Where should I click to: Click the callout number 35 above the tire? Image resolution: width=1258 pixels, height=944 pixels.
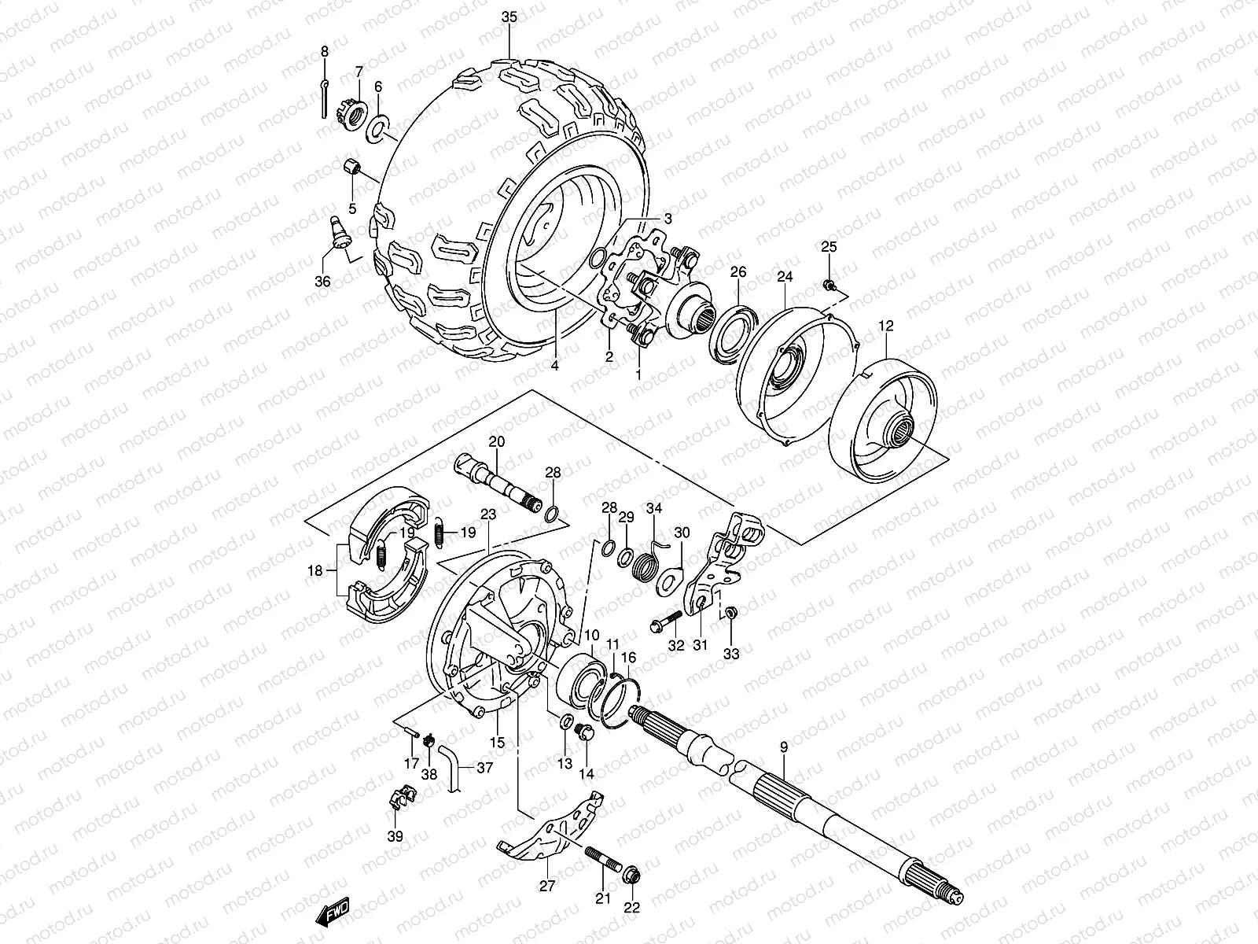(x=509, y=17)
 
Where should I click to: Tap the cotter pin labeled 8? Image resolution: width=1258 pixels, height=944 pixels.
(x=325, y=97)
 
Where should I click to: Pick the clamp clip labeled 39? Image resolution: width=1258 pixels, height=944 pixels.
(x=400, y=799)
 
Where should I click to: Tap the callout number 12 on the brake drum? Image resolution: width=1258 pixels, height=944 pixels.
(x=886, y=326)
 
